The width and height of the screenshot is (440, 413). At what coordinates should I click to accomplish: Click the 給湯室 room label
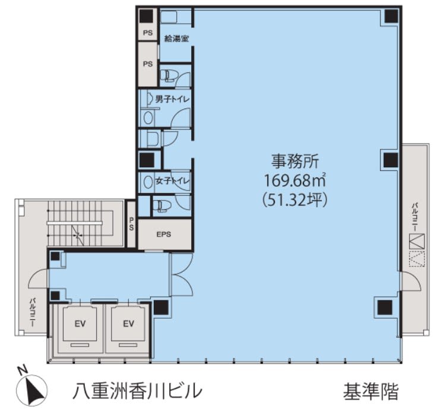tap(176, 39)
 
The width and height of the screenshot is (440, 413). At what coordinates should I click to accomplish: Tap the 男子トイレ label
tap(172, 99)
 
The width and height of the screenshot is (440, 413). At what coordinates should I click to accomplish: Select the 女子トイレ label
tap(172, 181)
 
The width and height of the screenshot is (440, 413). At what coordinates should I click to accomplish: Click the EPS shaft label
tap(164, 234)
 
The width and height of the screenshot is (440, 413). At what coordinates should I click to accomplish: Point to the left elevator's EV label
tap(80, 324)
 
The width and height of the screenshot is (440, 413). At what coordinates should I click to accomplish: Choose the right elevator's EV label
tap(128, 324)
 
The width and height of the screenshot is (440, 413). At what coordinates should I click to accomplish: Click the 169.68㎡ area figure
tap(295, 180)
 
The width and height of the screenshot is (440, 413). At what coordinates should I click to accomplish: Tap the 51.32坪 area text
tap(295, 200)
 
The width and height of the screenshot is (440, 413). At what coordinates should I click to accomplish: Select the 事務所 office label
tap(295, 161)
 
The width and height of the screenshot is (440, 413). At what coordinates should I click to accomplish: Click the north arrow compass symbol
tap(31, 390)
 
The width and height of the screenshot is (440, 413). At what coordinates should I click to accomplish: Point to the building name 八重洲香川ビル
tap(137, 391)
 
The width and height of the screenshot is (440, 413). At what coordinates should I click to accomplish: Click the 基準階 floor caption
tap(371, 392)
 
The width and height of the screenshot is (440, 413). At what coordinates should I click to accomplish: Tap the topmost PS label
tap(148, 33)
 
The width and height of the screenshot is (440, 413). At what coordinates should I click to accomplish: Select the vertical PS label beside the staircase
tap(131, 224)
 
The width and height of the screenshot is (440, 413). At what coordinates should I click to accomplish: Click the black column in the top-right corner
tap(391, 16)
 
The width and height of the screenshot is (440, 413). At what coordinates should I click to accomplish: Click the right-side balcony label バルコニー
tap(414, 218)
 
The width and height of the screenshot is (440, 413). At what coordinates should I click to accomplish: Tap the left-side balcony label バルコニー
tap(33, 312)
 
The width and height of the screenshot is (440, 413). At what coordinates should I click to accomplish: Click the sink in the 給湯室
tap(169, 17)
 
